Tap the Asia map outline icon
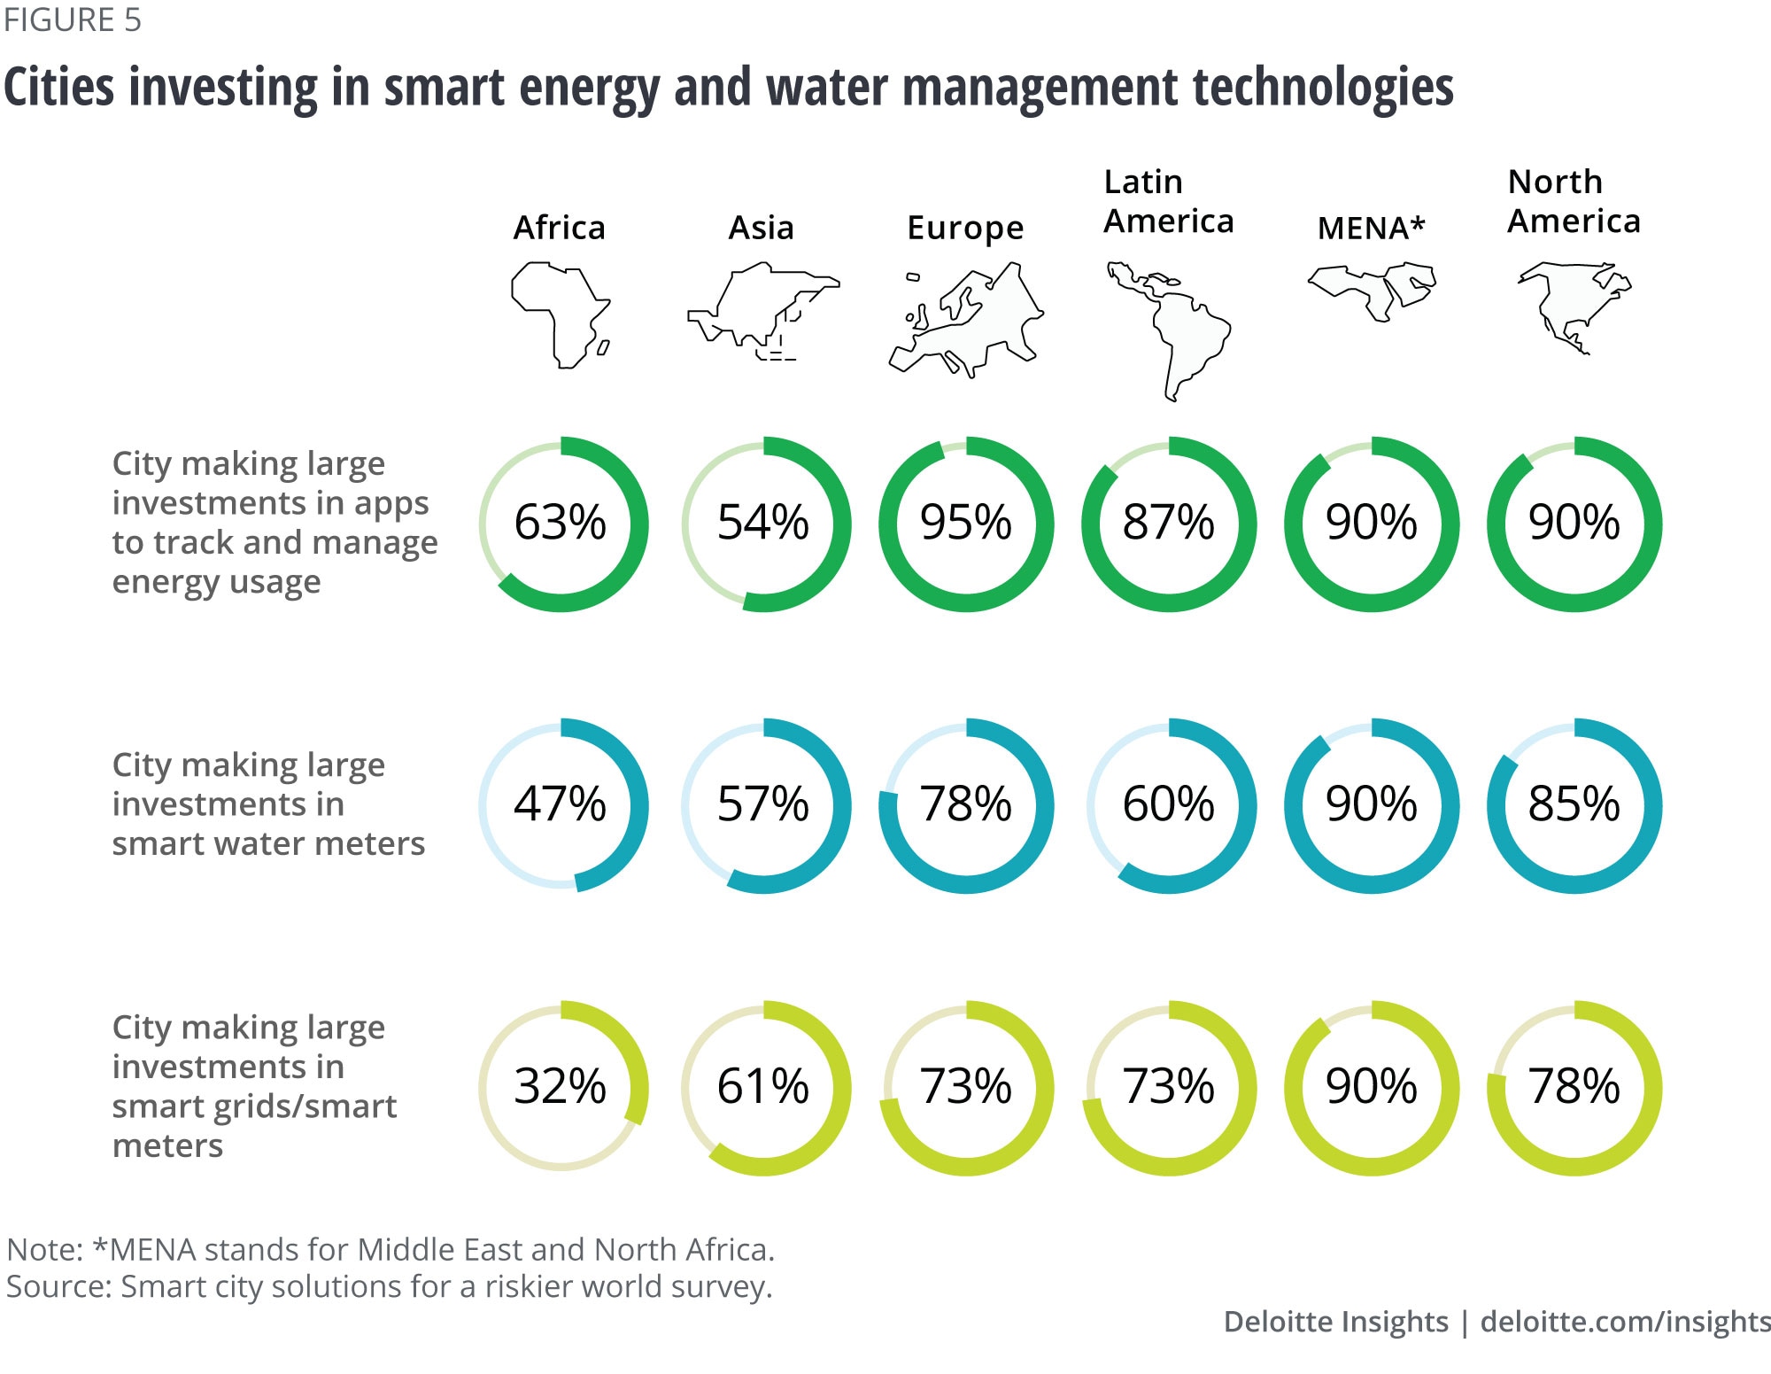coord(762,310)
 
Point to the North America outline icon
coord(1574,307)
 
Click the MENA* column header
coord(1371,229)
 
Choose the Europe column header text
coord(965,229)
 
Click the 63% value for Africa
coord(561,523)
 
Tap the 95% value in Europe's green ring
coord(965,523)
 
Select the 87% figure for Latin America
coord(1168,523)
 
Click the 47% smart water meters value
coord(561,804)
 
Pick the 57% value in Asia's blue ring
coord(762,804)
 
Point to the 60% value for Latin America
coord(1168,804)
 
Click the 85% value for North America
coord(1574,804)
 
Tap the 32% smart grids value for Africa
coord(561,1086)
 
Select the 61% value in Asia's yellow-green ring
coord(762,1086)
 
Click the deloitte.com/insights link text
coord(1625,1322)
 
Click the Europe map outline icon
coord(965,321)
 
